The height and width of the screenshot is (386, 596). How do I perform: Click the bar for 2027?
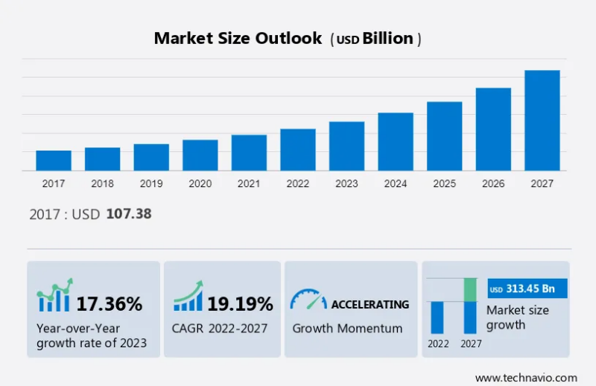click(x=542, y=120)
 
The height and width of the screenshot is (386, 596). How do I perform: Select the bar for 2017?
click(x=54, y=160)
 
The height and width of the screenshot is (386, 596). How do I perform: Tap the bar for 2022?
click(x=298, y=150)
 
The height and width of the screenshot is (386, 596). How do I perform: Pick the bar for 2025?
click(x=444, y=136)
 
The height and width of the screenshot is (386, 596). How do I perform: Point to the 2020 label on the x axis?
click(x=200, y=183)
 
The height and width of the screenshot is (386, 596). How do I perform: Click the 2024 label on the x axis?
click(x=396, y=183)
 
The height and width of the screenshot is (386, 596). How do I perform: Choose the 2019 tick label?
click(x=151, y=183)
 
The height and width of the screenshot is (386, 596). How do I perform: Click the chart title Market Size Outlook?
click(x=238, y=38)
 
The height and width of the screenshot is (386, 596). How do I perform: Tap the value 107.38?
click(x=129, y=214)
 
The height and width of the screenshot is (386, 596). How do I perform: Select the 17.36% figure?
click(x=109, y=303)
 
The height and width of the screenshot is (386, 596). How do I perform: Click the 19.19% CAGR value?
click(x=240, y=303)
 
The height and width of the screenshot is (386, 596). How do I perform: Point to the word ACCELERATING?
click(x=370, y=304)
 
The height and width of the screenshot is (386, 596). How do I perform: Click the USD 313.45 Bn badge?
click(x=527, y=289)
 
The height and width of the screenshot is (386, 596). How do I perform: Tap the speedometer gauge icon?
click(x=308, y=300)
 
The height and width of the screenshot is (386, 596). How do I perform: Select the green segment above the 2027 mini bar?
click(x=470, y=290)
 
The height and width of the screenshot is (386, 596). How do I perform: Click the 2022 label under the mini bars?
click(x=438, y=344)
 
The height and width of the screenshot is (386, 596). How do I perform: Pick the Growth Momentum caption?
click(x=347, y=328)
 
